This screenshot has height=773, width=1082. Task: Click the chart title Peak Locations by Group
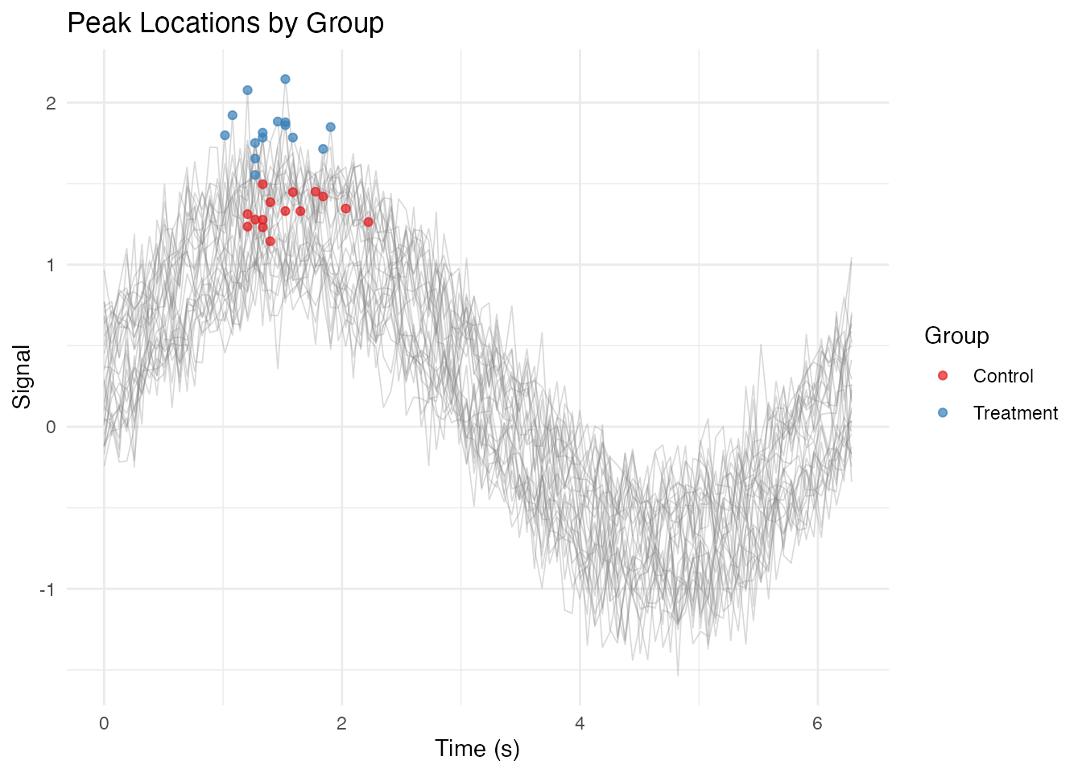click(225, 23)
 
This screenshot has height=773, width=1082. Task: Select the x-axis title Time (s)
click(477, 749)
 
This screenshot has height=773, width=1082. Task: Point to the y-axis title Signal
click(22, 376)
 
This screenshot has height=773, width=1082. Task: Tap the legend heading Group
click(956, 336)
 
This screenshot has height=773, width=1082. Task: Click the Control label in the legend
click(1002, 376)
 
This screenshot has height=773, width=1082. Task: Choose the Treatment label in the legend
click(1015, 413)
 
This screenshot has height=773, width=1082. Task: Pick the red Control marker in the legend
click(943, 376)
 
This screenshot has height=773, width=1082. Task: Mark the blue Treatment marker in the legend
click(943, 413)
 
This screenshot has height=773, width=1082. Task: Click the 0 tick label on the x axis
click(104, 723)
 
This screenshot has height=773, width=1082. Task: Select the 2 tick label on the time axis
click(341, 723)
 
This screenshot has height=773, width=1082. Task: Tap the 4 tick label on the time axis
click(580, 723)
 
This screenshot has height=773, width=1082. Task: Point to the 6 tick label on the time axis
click(817, 723)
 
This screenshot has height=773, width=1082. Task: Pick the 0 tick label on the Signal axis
click(52, 427)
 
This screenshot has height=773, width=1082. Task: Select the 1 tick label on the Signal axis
click(52, 265)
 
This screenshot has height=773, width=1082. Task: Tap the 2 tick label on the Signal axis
click(52, 103)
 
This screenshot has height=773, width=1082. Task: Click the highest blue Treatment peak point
click(285, 79)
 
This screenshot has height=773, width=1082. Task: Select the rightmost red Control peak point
click(368, 222)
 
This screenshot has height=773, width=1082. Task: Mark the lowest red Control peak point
click(270, 242)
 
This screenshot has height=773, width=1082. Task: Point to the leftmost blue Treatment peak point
click(225, 135)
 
